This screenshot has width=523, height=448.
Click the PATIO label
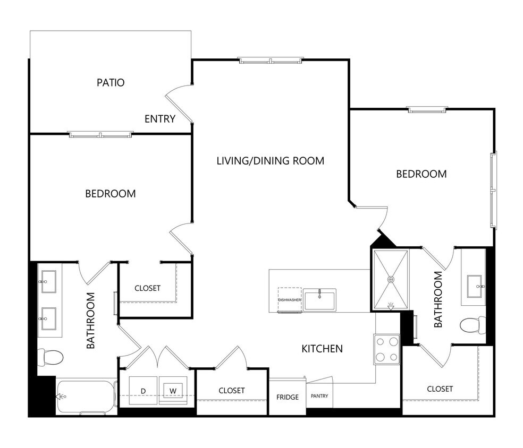pyautogui.click(x=111, y=83)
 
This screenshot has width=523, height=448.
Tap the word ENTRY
pyautogui.click(x=160, y=119)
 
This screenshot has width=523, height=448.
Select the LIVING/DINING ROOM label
pyautogui.click(x=270, y=160)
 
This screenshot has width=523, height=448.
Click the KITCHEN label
pyautogui.click(x=322, y=349)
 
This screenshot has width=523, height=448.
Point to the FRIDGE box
pyautogui.click(x=287, y=397)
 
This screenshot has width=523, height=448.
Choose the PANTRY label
pyautogui.click(x=319, y=396)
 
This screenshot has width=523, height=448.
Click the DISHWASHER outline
pyautogui.click(x=290, y=300)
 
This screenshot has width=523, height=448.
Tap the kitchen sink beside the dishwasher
pyautogui.click(x=319, y=300)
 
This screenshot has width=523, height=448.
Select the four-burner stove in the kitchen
pyautogui.click(x=387, y=349)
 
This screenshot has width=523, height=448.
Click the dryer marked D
pyautogui.click(x=143, y=391)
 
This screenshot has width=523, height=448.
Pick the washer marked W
pyautogui.click(x=173, y=391)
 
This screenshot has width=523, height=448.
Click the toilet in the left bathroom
pyautogui.click(x=51, y=356)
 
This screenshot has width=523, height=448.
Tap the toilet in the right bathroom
pyautogui.click(x=473, y=323)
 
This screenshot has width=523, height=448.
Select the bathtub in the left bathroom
pyautogui.click(x=86, y=396)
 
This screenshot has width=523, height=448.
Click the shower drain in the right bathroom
pyautogui.click(x=391, y=279)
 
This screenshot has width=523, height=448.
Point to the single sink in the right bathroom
pyautogui.click(x=474, y=287)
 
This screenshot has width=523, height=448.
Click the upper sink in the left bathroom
pyautogui.click(x=49, y=279)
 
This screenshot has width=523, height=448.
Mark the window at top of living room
pyautogui.click(x=271, y=61)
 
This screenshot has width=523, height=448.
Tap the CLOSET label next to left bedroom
pyautogui.click(x=147, y=288)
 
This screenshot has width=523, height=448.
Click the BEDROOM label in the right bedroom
pyautogui.click(x=421, y=174)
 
